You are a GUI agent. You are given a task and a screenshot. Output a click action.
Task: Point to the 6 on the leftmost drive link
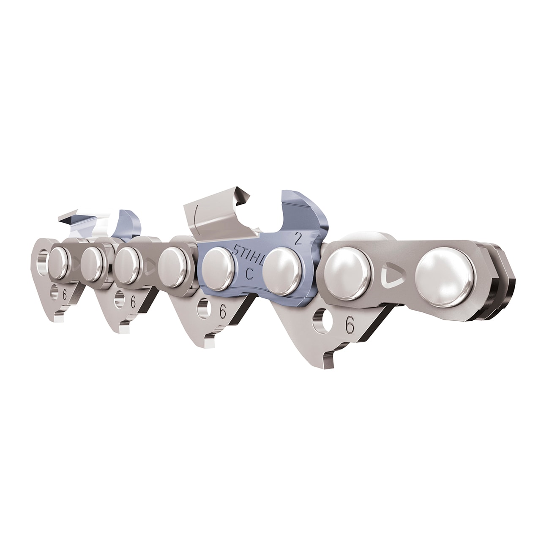click(65, 295)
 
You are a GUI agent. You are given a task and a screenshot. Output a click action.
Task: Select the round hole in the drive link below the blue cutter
click(203, 308)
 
